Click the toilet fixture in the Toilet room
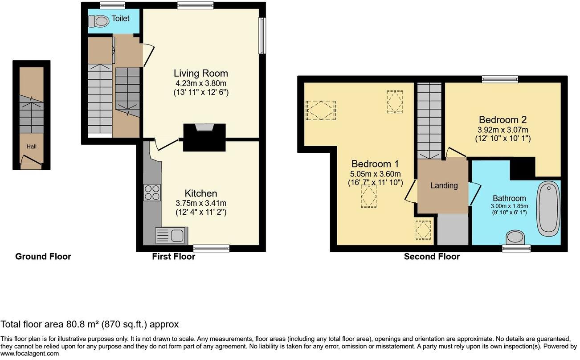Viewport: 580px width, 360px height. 98,20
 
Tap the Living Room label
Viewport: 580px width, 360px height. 200,74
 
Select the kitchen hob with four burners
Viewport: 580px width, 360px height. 152,192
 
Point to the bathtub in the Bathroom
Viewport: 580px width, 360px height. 548,209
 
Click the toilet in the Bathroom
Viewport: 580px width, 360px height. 516,237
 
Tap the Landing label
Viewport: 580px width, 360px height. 444,186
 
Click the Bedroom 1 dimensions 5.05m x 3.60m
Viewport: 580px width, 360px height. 375,174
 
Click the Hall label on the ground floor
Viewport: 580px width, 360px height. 31,146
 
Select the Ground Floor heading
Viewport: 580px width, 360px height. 43,257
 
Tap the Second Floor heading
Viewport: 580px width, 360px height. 432,257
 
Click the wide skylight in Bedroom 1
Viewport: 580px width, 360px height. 320,110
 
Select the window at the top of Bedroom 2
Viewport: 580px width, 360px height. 500,79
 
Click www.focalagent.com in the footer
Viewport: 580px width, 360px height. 29,353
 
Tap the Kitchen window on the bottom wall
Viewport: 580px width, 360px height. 212,248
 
